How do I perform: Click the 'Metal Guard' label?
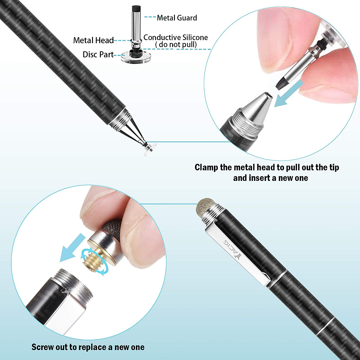pos(177,18)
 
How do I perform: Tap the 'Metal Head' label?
pos(93,40)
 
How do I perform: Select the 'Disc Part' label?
pos(98,55)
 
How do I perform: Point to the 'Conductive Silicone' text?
pos(175,37)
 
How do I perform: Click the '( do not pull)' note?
pos(176,45)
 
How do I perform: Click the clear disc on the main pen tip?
pos(149,150)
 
